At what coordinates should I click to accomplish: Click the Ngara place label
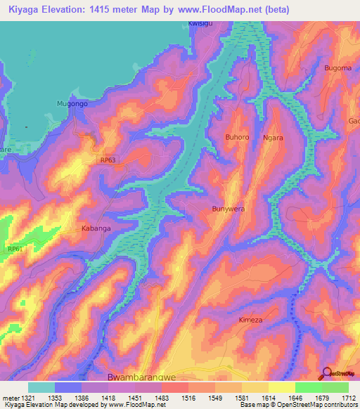coord(273,138)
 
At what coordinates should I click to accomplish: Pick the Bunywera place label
coord(229,209)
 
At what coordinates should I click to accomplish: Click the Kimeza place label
coord(269,320)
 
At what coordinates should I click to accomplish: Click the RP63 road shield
coord(108,160)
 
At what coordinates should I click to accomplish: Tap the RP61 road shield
coord(15,249)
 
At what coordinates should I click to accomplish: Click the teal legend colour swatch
coord(41,387)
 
